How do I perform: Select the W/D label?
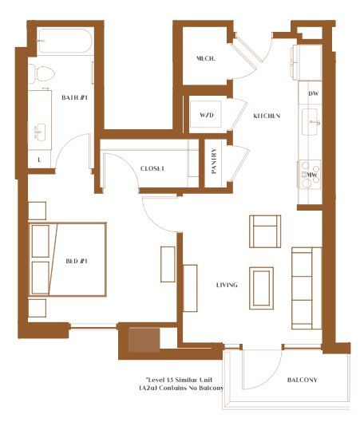207,116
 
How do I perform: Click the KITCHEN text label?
267,116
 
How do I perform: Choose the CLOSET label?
152,168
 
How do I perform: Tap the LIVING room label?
228,285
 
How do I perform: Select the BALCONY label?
302,380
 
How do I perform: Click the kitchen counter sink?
312,123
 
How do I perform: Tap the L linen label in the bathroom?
39,160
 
